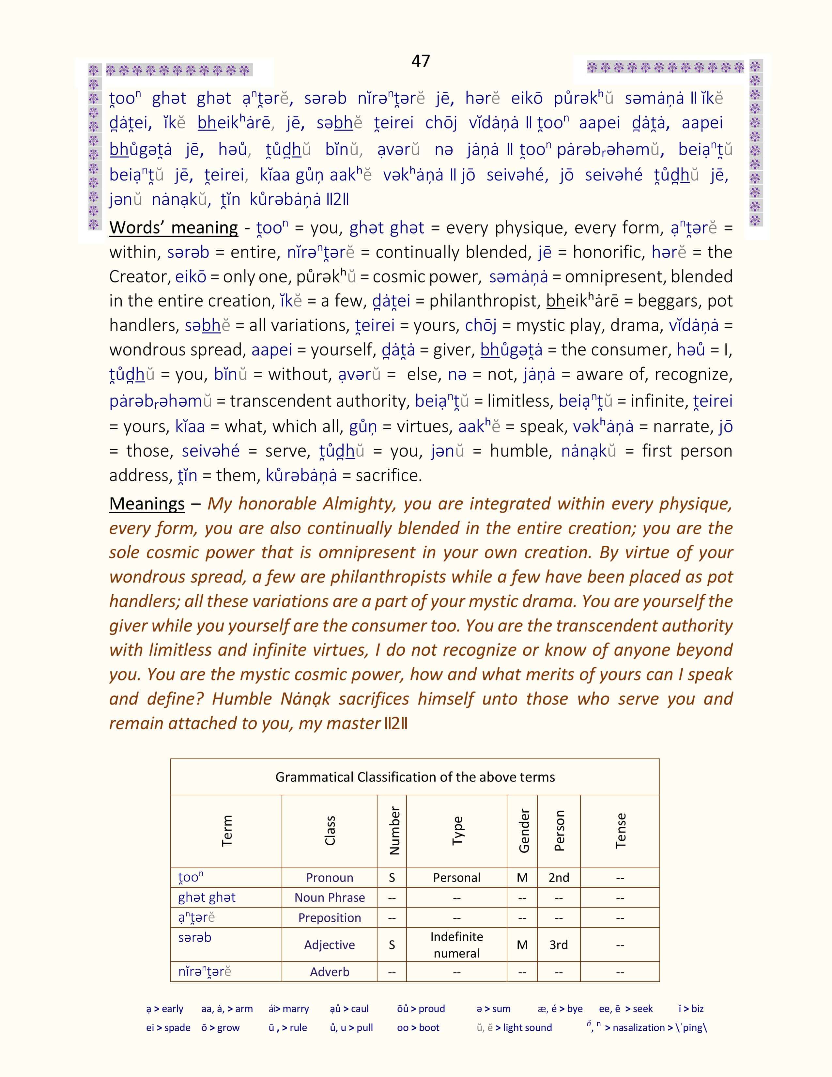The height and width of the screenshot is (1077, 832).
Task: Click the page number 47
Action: (421, 61)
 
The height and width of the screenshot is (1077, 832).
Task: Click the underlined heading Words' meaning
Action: (174, 227)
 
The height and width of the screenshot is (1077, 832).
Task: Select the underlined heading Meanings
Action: (147, 504)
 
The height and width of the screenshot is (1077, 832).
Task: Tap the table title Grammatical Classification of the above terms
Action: (415, 777)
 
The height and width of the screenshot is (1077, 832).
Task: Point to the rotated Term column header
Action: (227, 831)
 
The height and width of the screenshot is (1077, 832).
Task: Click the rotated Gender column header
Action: (523, 831)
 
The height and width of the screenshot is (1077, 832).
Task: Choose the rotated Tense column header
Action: (621, 831)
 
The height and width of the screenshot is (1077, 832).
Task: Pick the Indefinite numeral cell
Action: (456, 944)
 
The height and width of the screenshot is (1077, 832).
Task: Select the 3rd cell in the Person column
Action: (559, 944)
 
